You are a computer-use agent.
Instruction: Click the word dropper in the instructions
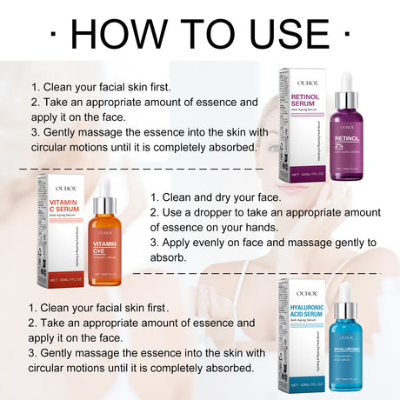click(x=223, y=212)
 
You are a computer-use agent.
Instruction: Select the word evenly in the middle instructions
click(x=209, y=243)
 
